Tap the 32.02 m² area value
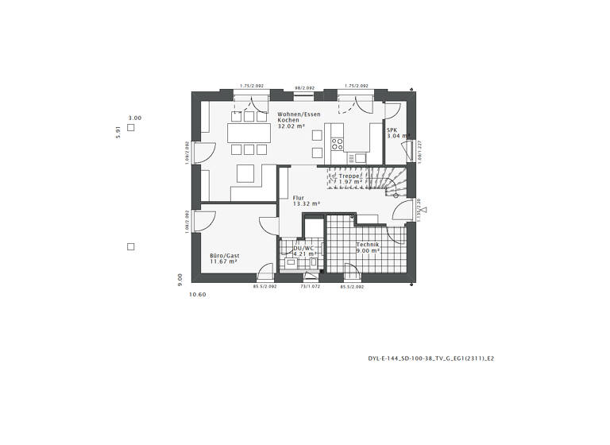tap(291, 126)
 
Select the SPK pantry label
tap(392, 130)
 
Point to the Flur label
tap(299, 198)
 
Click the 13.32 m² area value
tap(306, 204)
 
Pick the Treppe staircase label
tap(349, 176)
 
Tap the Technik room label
tap(368, 244)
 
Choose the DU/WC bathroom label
tap(304, 248)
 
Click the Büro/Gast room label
tap(225, 256)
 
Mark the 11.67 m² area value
tap(224, 262)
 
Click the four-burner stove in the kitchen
tap(338, 145)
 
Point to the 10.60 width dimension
tap(197, 295)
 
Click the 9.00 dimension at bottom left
tap(181, 278)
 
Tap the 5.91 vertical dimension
tap(118, 131)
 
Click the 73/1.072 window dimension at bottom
tap(310, 286)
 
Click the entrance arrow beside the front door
tap(424, 211)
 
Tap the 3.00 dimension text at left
tap(135, 118)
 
